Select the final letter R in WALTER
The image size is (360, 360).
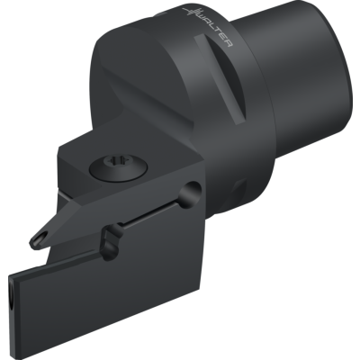229,43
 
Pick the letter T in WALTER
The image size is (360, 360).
220,32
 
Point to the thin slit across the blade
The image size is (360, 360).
151,214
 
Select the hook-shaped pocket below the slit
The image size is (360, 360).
111,240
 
